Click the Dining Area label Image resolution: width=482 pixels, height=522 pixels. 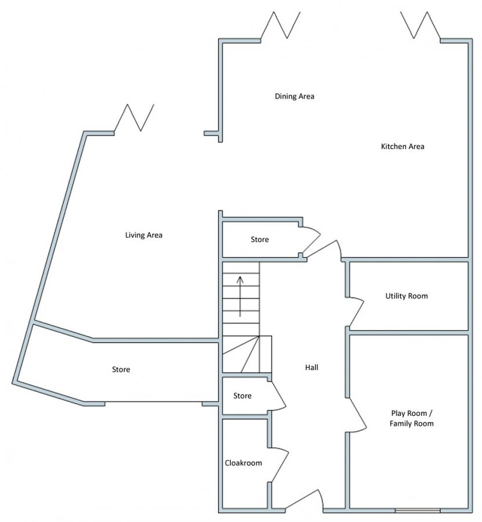tap(294, 96)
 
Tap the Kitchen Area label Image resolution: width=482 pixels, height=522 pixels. tap(403, 146)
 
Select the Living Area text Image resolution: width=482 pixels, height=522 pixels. tap(144, 235)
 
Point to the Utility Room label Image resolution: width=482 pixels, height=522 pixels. tap(407, 296)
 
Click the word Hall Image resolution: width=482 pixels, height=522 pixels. tap(311, 367)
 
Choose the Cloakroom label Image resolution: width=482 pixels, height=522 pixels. tap(244, 463)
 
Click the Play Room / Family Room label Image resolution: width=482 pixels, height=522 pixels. tap(411, 418)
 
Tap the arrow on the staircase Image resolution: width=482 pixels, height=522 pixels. tap(240, 296)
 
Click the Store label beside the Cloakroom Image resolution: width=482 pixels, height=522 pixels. tap(242, 396)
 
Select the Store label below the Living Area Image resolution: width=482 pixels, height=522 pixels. tap(121, 369)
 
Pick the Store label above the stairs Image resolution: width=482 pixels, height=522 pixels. tap(260, 240)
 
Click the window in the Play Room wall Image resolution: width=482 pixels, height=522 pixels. tap(418, 510)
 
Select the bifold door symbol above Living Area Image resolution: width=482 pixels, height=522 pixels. tap(134, 118)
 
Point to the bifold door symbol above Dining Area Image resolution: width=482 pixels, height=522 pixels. tap(281, 25)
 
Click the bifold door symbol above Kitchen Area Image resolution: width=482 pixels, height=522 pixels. tap(421, 25)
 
